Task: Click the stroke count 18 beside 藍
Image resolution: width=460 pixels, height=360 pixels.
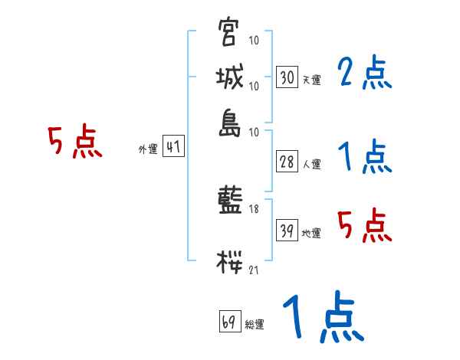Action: coord(254,209)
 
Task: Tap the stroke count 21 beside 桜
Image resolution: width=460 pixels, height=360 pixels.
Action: coord(254,269)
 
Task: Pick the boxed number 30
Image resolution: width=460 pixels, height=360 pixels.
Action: coord(287,77)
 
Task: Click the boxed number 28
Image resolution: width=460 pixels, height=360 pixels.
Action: coord(287,161)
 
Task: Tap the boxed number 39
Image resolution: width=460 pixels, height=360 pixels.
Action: coord(287,231)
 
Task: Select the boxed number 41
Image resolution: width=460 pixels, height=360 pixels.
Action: coord(173,147)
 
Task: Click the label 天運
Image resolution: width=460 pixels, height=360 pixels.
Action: coord(311,80)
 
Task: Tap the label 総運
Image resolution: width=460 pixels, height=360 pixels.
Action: coord(255,325)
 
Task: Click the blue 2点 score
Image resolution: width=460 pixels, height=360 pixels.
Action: coord(364,74)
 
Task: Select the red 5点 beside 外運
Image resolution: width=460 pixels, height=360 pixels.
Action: coord(75,143)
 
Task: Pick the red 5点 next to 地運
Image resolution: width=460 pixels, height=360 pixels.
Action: coord(364,226)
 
